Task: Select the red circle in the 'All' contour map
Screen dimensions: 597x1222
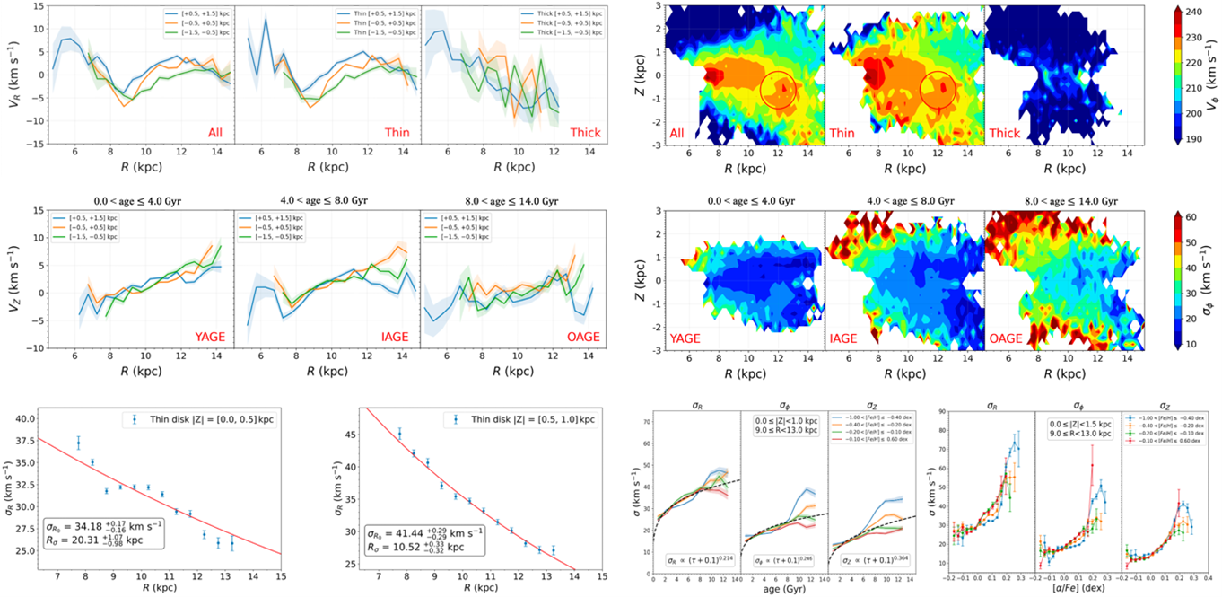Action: click(777, 90)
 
